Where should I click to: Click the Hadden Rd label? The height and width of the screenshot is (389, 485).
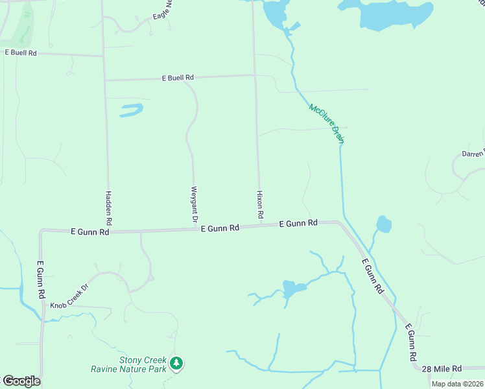pyautogui.click(x=109, y=207)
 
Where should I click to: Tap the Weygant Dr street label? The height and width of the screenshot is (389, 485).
pyautogui.click(x=194, y=205)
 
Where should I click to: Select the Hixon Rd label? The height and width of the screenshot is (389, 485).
pyautogui.click(x=260, y=204)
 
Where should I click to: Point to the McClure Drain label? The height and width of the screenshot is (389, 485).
pyautogui.click(x=326, y=124)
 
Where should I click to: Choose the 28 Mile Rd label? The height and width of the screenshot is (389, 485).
pyautogui.click(x=441, y=368)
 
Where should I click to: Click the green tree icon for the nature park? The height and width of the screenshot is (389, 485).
pyautogui.click(x=176, y=363)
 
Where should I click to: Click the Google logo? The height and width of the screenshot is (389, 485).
pyautogui.click(x=21, y=381)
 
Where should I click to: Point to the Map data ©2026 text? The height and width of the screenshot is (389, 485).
pyautogui.click(x=457, y=384)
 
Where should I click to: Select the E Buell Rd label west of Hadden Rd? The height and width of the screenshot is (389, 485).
pyautogui.click(x=20, y=52)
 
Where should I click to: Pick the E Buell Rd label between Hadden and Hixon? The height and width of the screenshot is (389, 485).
pyautogui.click(x=178, y=78)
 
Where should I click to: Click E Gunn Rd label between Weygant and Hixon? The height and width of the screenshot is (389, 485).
pyautogui.click(x=220, y=228)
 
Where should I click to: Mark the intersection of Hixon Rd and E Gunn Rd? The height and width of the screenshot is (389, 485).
pyautogui.click(x=260, y=226)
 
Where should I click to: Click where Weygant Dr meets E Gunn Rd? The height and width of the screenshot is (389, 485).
pyautogui.click(x=195, y=228)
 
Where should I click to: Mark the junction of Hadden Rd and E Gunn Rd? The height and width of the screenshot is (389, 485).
pyautogui.click(x=108, y=230)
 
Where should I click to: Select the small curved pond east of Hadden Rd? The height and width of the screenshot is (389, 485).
pyautogui.click(x=132, y=110)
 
